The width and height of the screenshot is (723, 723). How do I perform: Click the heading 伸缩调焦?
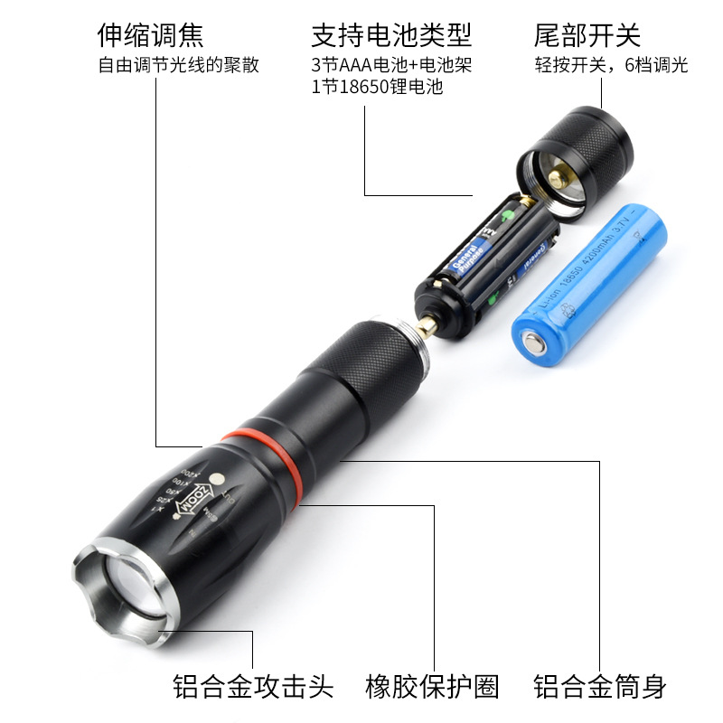[151, 35]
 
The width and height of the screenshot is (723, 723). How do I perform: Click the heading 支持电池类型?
[391, 35]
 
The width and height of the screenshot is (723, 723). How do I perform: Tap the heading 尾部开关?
[587, 35]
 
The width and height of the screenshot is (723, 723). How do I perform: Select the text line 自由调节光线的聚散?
[178, 65]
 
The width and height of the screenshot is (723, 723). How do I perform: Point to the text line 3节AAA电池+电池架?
[391, 65]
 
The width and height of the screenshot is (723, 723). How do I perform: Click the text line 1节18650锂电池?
[377, 89]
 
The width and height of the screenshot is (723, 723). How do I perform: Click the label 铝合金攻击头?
[254, 686]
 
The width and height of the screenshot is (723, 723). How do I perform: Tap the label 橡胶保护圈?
[432, 686]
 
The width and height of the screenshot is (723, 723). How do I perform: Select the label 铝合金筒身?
[599, 686]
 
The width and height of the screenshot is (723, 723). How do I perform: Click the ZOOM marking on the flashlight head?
[200, 501]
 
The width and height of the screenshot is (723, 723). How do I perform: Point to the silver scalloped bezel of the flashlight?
[95, 560]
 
